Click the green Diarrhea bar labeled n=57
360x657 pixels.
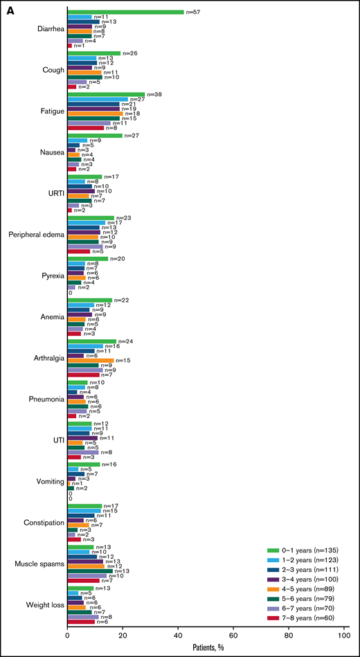125,12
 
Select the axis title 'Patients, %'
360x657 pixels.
206,648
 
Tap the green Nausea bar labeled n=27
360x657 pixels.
95,136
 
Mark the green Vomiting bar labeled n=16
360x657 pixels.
84,464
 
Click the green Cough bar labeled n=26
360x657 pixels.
94,53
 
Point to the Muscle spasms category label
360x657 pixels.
37,565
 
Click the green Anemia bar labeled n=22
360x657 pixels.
90,300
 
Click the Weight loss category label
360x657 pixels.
42,606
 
